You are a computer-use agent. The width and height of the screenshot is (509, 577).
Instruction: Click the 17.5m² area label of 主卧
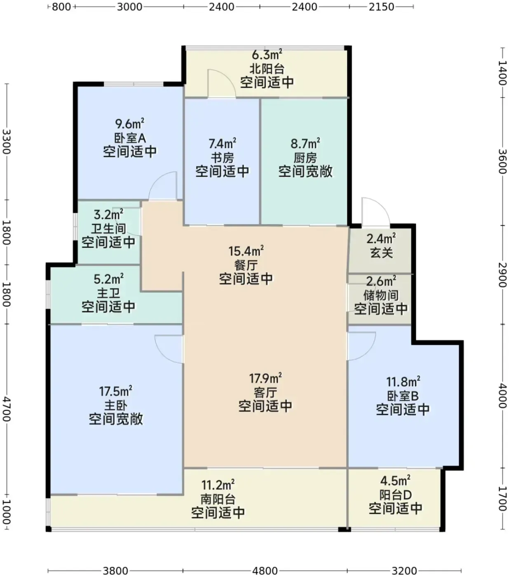point(116,391)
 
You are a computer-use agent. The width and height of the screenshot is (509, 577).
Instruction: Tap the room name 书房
point(222,157)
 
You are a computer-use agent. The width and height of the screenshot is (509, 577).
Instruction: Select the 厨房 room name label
point(305,157)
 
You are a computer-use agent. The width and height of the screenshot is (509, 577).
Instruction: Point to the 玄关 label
point(382,253)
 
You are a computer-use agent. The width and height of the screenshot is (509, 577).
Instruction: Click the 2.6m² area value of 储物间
point(381,281)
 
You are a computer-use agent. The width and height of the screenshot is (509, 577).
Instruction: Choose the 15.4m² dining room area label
point(246,251)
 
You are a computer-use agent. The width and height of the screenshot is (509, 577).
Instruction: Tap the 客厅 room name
point(265,393)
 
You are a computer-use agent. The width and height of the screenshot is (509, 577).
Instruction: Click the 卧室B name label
point(403,396)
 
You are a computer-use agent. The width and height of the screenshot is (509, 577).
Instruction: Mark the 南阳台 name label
point(218,499)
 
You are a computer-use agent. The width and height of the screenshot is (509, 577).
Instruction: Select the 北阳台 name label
point(267,69)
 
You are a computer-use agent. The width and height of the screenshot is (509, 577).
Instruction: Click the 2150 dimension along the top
point(381,7)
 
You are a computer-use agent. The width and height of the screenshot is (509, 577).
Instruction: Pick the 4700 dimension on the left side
point(6,409)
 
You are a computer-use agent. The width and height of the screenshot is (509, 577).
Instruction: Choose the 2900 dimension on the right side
point(503,274)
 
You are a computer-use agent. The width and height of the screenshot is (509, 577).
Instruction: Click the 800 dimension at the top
point(61,7)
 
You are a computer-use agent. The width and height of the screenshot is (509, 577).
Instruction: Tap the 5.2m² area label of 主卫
point(108,279)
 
